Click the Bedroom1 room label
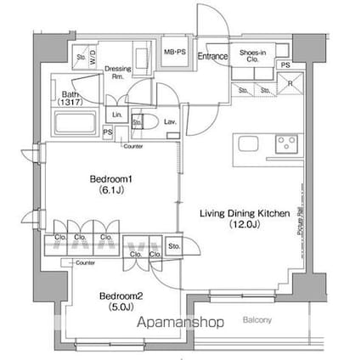[109, 180]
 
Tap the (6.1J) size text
[109, 192]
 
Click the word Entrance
[212, 58]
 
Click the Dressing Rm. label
[117, 71]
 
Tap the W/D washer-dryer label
[93, 59]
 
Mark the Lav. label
[169, 121]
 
